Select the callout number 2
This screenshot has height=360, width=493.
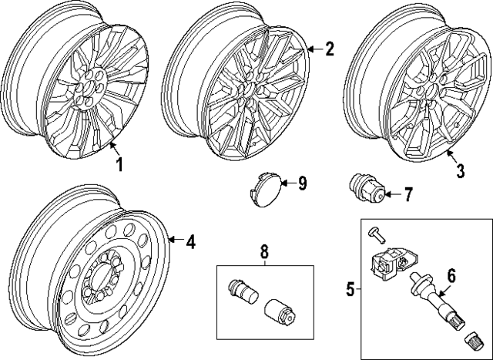329,50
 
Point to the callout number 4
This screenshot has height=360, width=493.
190,242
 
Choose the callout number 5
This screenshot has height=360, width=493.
350,290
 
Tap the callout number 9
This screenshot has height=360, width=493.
303,183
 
